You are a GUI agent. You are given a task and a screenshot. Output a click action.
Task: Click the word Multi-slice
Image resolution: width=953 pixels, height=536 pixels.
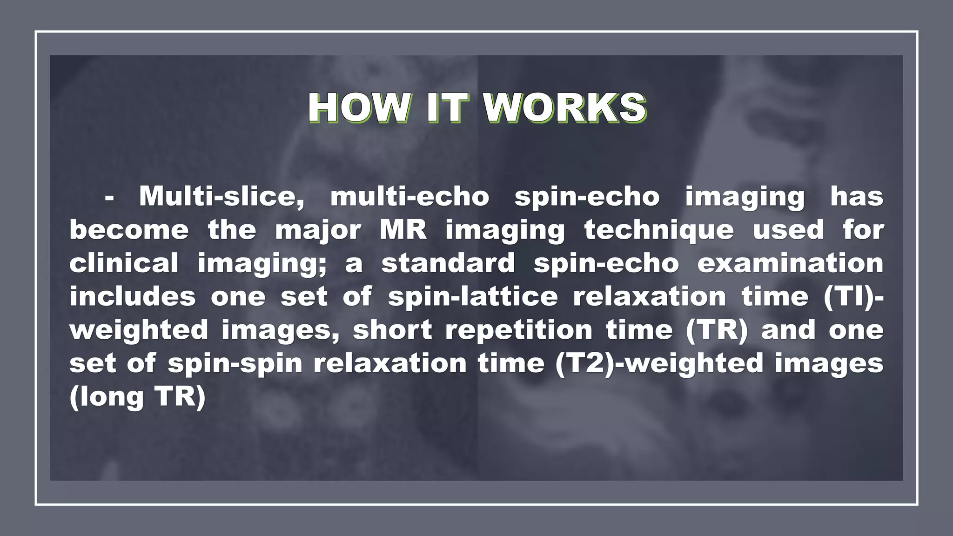222,197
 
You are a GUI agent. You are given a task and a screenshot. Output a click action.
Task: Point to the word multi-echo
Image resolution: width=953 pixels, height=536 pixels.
410,197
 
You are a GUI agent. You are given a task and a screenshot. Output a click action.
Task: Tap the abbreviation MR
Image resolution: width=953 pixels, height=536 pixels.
403,230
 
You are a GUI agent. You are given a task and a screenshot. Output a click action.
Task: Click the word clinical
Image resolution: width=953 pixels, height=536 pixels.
124,263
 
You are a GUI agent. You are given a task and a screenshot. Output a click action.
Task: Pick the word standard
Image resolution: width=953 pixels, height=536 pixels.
448,263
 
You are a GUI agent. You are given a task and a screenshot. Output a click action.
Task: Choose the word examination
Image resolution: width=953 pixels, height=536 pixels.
790,263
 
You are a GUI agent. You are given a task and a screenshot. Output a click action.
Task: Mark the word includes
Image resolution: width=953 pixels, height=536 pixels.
133,297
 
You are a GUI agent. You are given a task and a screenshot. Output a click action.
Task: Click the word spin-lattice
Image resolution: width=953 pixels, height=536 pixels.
473,297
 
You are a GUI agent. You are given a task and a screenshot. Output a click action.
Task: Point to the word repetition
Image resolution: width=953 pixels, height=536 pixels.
519,330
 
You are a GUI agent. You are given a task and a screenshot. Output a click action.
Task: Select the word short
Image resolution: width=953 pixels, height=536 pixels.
392,330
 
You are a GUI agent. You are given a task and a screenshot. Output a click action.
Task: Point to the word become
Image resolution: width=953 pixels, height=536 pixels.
129,230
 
